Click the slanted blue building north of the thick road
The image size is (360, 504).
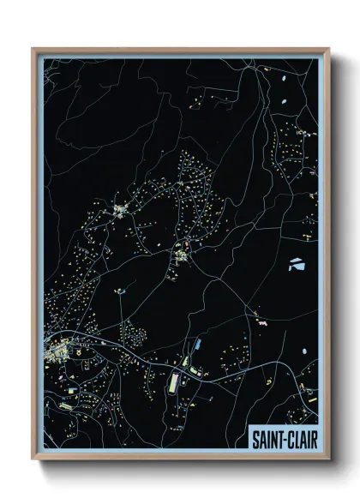point(195,344)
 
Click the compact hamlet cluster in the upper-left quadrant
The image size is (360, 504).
point(120,208)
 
